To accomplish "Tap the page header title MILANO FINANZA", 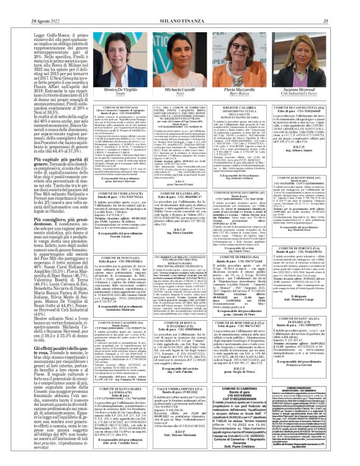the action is (180, 5).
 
